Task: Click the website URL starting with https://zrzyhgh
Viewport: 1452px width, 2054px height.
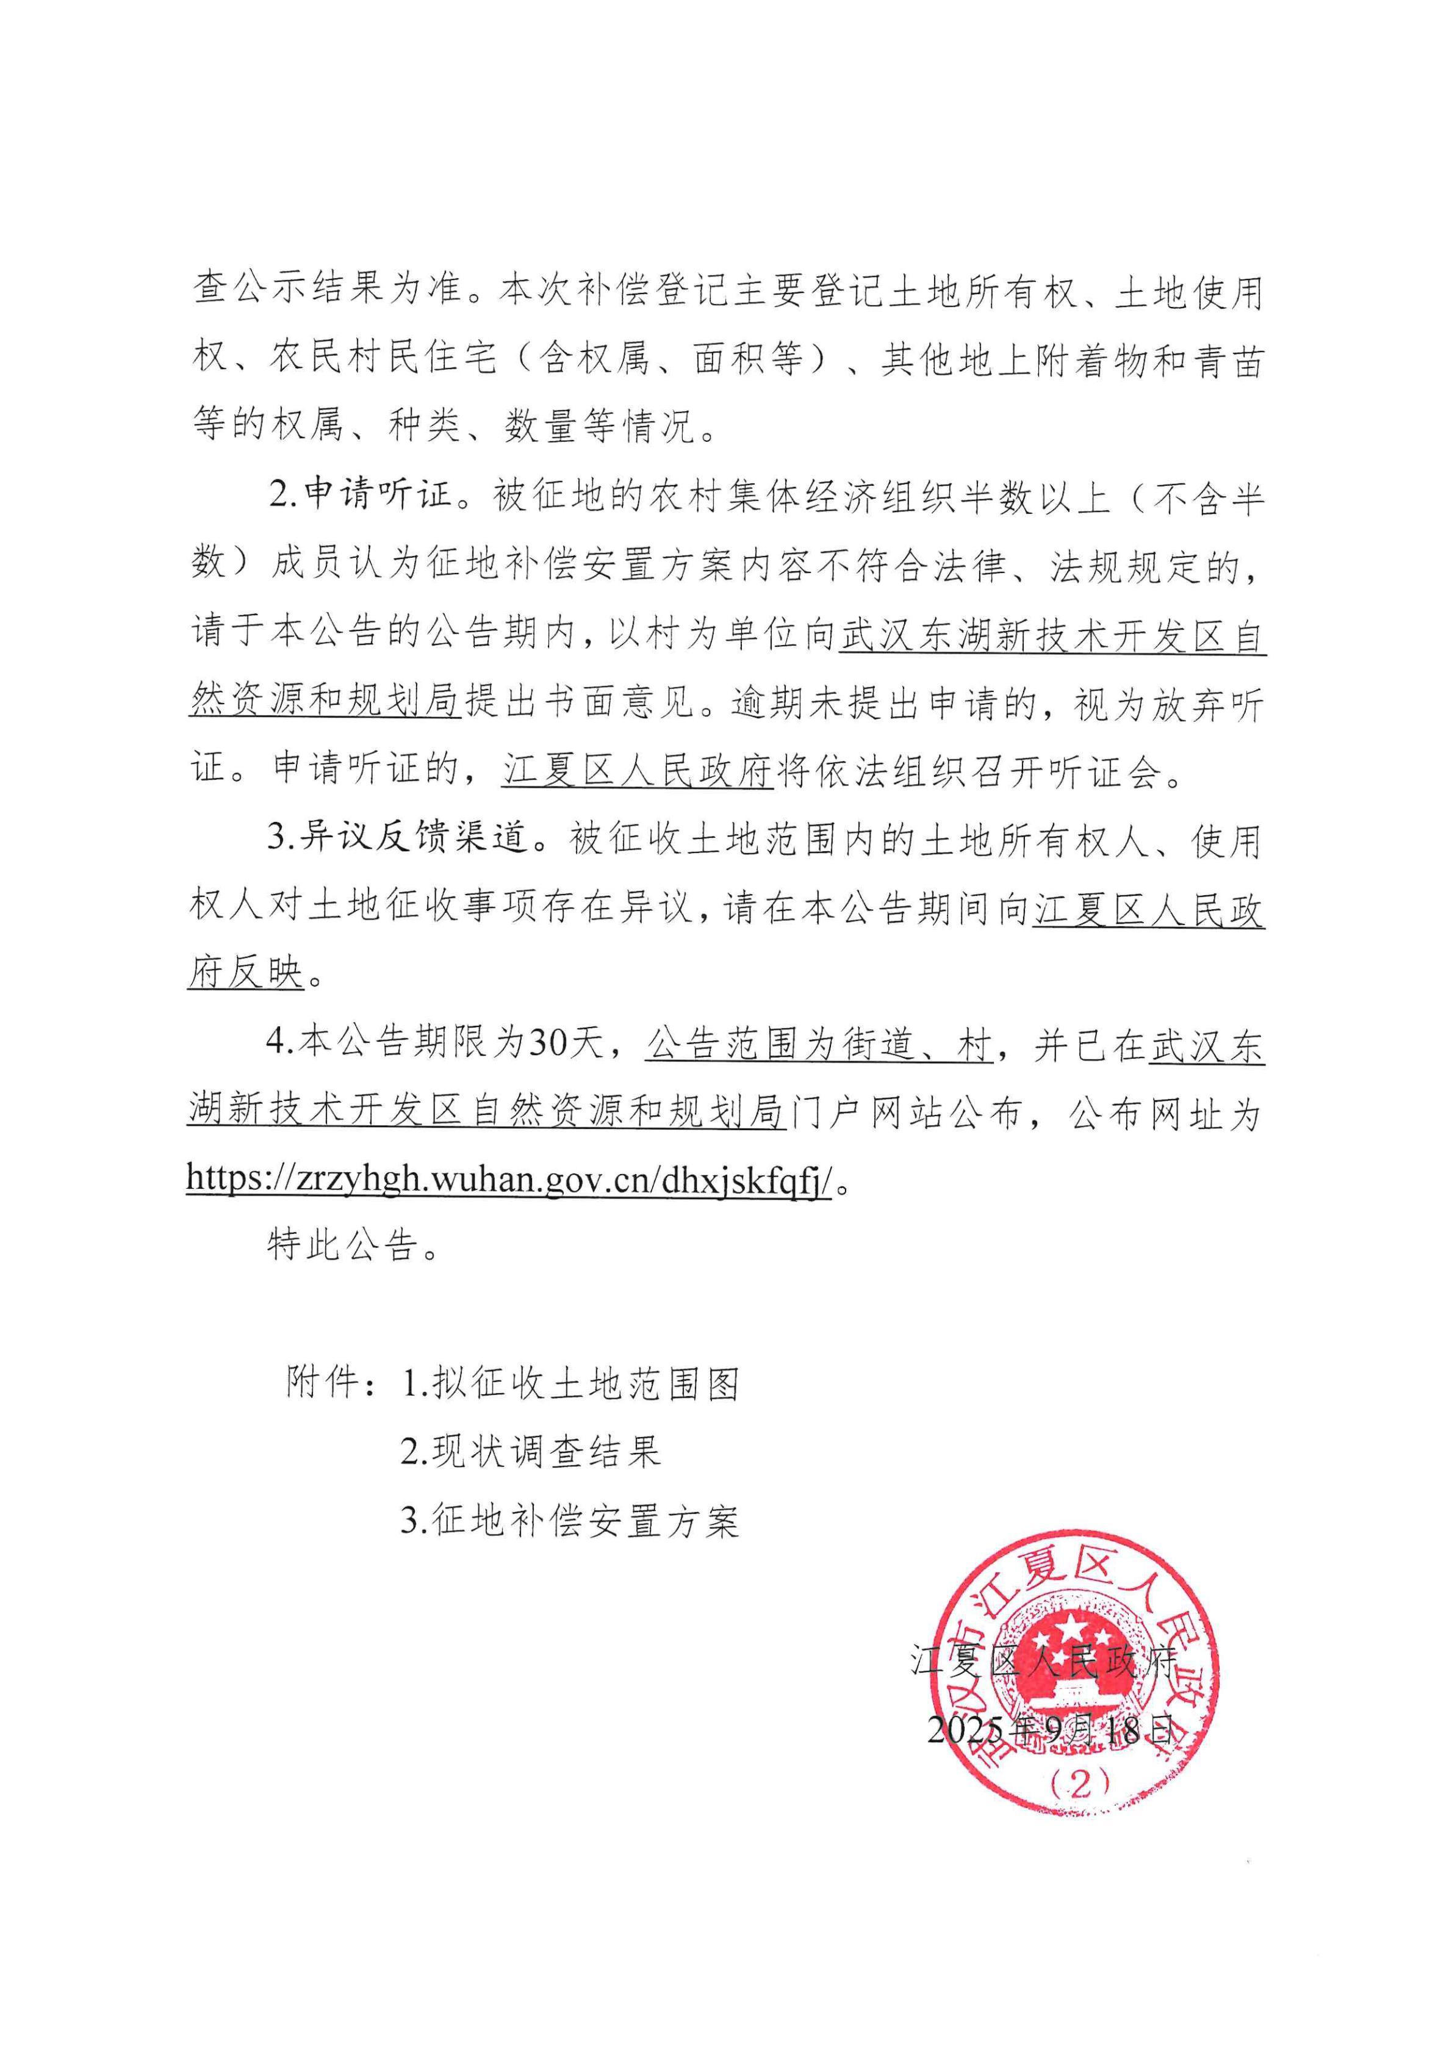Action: coord(510,1179)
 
